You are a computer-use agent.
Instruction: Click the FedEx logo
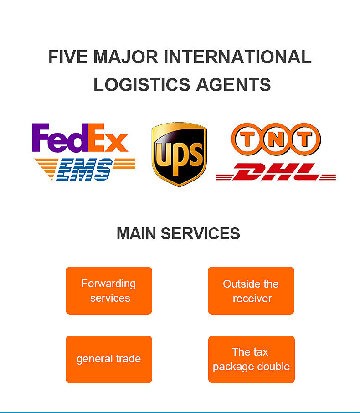click(80, 138)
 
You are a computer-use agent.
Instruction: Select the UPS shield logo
click(179, 155)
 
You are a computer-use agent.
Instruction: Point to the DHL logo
click(276, 172)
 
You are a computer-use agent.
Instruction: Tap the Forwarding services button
click(109, 290)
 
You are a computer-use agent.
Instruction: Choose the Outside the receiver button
click(251, 291)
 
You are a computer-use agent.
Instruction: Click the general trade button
click(109, 359)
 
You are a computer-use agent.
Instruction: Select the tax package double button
click(251, 359)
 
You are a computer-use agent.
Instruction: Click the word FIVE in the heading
click(68, 57)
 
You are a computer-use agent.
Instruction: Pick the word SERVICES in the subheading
click(201, 233)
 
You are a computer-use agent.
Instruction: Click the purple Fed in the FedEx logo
click(59, 138)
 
